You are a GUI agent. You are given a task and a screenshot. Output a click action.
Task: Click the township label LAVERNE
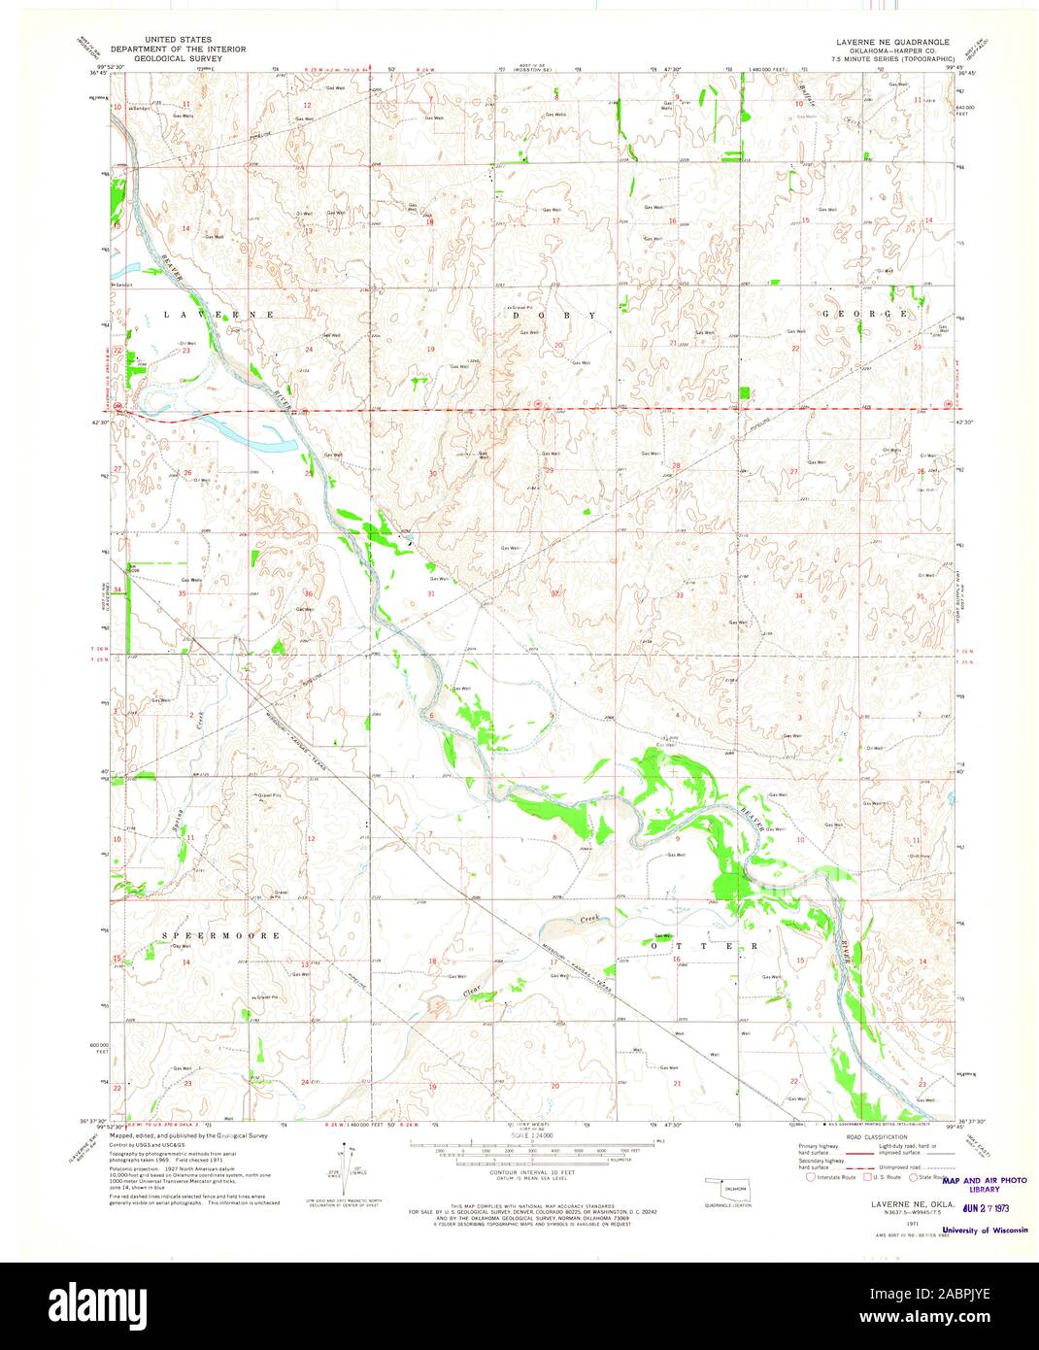point(220,316)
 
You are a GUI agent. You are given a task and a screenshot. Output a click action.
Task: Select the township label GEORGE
point(865,315)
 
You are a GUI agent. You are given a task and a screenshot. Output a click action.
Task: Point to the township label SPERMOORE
point(221,935)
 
